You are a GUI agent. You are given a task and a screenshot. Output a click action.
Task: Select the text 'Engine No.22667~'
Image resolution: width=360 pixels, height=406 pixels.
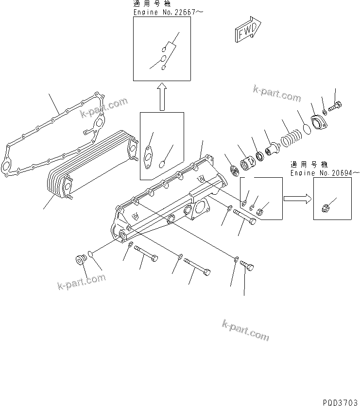coord(164,12)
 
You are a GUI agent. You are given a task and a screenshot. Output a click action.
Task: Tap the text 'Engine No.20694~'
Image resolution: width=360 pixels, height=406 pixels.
coord(325,173)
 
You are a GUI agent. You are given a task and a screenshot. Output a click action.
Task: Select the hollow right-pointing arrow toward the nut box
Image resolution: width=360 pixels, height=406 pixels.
coord(296,198)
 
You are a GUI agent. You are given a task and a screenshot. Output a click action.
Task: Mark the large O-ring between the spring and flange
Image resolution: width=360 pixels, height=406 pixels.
coord(306,127)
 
